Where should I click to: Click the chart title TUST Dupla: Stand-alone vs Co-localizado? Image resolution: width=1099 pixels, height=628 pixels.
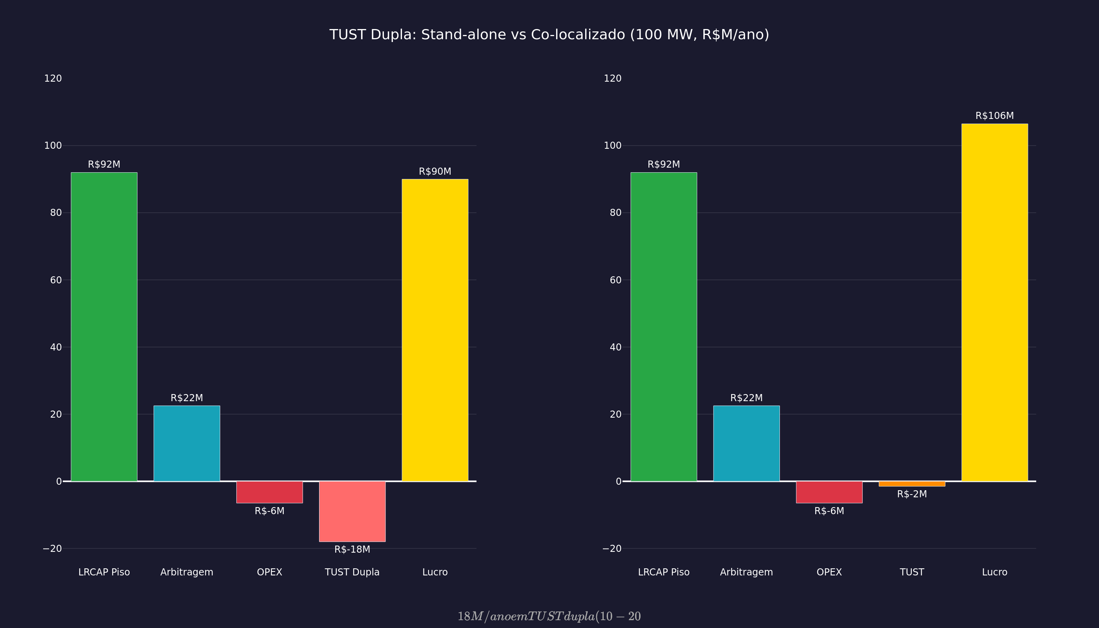tap(549, 35)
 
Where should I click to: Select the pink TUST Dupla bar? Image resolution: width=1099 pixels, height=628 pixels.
tap(352, 511)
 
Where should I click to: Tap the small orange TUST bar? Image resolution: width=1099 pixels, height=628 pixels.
tap(912, 484)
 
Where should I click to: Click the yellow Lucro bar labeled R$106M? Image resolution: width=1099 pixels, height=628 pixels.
tap(994, 302)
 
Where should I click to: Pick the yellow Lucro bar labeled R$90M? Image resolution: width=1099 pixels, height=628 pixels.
tap(435, 330)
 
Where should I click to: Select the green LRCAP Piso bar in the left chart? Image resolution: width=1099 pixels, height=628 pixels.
tap(104, 327)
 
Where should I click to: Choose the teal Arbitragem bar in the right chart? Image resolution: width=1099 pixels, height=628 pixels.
tap(746, 443)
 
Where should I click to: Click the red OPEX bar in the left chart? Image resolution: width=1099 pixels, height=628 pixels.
tap(269, 492)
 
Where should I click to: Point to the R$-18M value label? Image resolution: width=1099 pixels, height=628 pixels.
tap(352, 549)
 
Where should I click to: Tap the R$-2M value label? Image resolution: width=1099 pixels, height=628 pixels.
tap(912, 494)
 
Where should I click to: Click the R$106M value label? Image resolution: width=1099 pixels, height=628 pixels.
tap(994, 116)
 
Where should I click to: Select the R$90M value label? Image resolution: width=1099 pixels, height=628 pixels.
tap(435, 172)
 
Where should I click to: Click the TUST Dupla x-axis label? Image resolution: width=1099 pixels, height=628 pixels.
tap(352, 572)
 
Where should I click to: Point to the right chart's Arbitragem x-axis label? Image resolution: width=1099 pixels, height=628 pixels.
tap(746, 572)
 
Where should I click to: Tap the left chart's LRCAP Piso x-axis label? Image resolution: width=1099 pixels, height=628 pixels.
tap(104, 572)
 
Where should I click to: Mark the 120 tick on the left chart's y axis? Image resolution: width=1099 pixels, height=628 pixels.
tap(53, 78)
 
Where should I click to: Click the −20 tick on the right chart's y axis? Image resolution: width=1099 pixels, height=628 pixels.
tap(612, 549)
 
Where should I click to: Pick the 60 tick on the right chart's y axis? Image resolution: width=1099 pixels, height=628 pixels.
tap(615, 280)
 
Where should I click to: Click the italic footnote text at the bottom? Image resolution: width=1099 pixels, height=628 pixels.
tap(549, 616)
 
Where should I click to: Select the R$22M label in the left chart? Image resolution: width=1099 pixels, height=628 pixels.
tap(187, 398)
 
